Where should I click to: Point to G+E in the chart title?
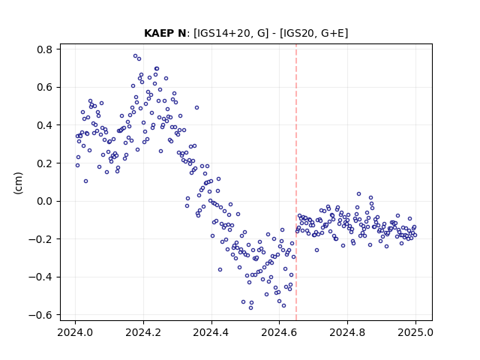(x=332, y=33)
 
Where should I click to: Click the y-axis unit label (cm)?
(x=18, y=183)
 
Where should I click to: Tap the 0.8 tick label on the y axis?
(x=45, y=49)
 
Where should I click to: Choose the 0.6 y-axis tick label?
(x=45, y=87)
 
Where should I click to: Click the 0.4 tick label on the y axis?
(x=45, y=125)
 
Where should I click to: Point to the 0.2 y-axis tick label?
(x=45, y=163)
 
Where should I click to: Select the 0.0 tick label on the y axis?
(x=45, y=201)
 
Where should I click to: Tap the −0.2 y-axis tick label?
(x=40, y=239)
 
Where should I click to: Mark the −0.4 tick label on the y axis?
(x=40, y=277)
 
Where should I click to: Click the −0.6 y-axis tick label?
(x=40, y=315)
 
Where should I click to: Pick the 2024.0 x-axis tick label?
(x=75, y=332)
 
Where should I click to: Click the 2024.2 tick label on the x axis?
(x=143, y=332)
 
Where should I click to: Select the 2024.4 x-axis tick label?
(x=211, y=332)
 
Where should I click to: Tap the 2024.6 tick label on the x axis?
(x=279, y=332)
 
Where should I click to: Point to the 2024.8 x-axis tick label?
(x=347, y=332)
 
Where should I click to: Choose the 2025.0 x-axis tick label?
(x=415, y=332)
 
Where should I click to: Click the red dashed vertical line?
(x=296, y=182)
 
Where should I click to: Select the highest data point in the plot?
(x=135, y=56)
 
